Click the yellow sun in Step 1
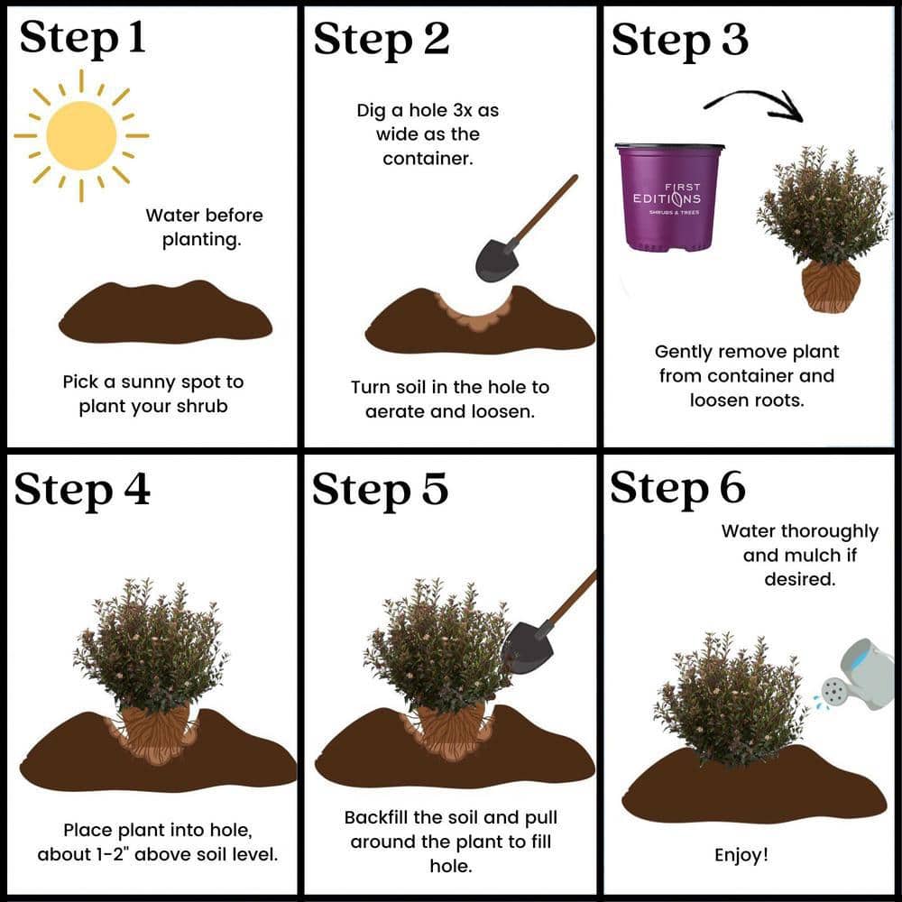(x=81, y=136)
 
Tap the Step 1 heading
(x=82, y=38)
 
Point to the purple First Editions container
(x=669, y=198)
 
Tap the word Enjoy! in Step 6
(x=741, y=855)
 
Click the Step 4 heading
(x=82, y=490)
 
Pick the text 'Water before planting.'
(x=204, y=227)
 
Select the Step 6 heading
(x=677, y=488)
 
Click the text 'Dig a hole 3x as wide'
(x=428, y=122)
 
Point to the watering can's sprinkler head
(x=833, y=690)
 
